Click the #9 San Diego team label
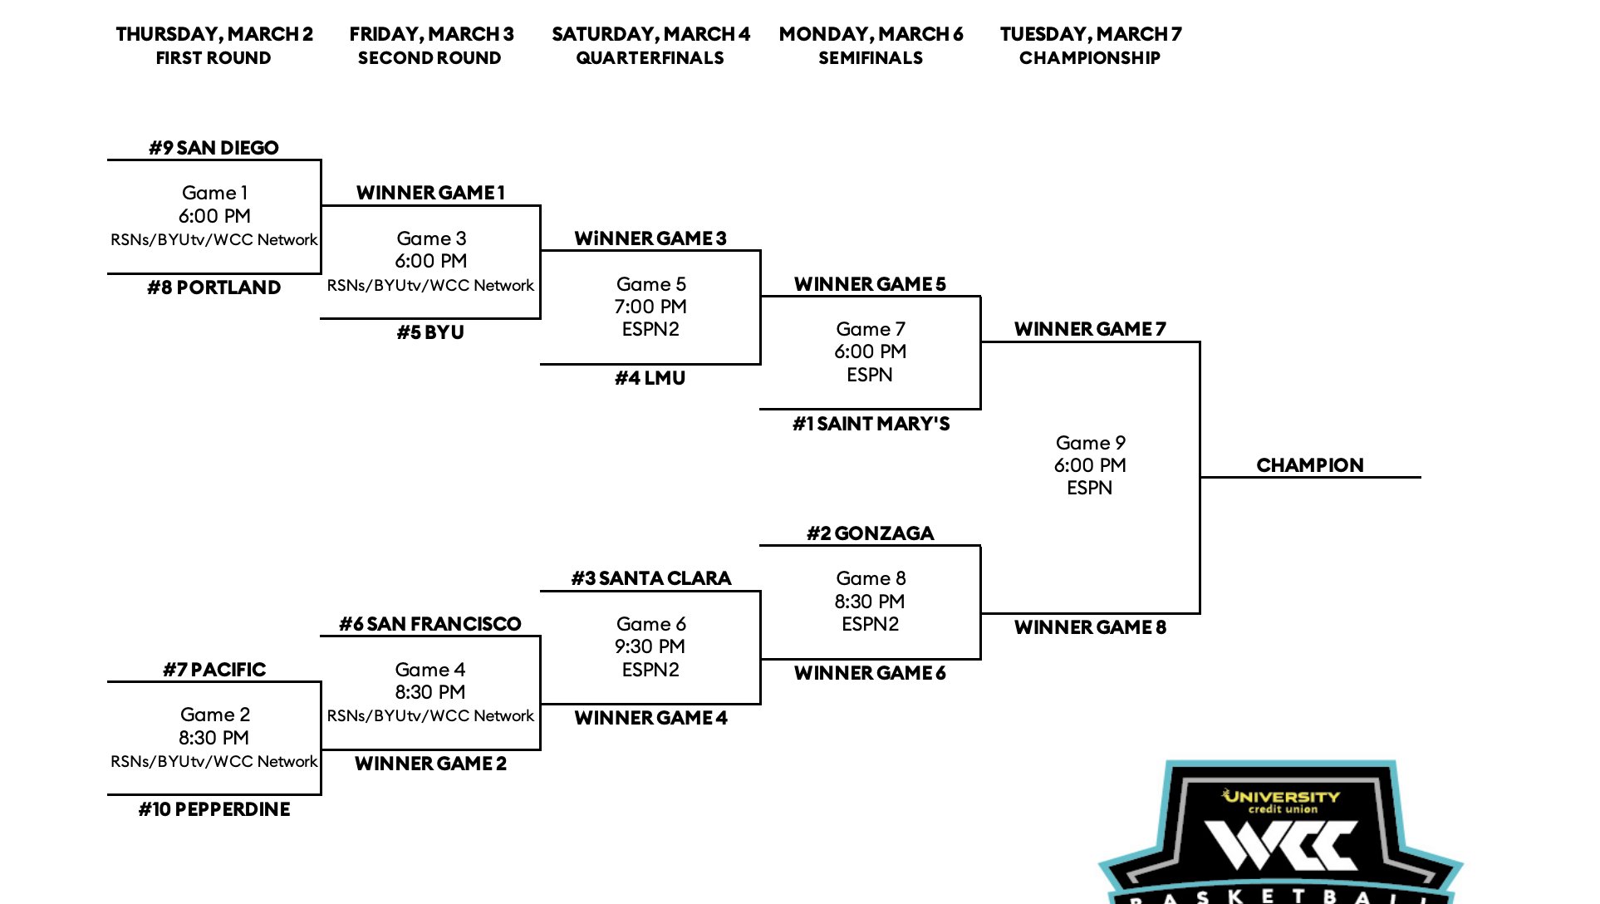click(213, 148)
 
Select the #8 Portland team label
click(213, 287)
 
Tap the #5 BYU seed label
click(430, 332)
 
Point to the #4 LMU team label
click(650, 378)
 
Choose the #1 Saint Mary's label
click(871, 424)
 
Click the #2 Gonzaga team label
click(870, 533)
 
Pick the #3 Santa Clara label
click(650, 578)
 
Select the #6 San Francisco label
click(430, 624)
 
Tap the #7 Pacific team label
click(214, 670)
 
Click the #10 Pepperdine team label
click(214, 809)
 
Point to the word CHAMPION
click(1309, 465)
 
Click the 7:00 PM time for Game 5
click(650, 307)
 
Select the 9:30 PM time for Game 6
click(650, 646)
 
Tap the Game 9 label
click(1090, 443)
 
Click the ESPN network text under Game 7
click(870, 375)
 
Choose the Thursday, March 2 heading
click(214, 34)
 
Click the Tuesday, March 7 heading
click(1090, 34)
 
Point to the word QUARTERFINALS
click(650, 58)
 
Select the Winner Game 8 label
click(1090, 627)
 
